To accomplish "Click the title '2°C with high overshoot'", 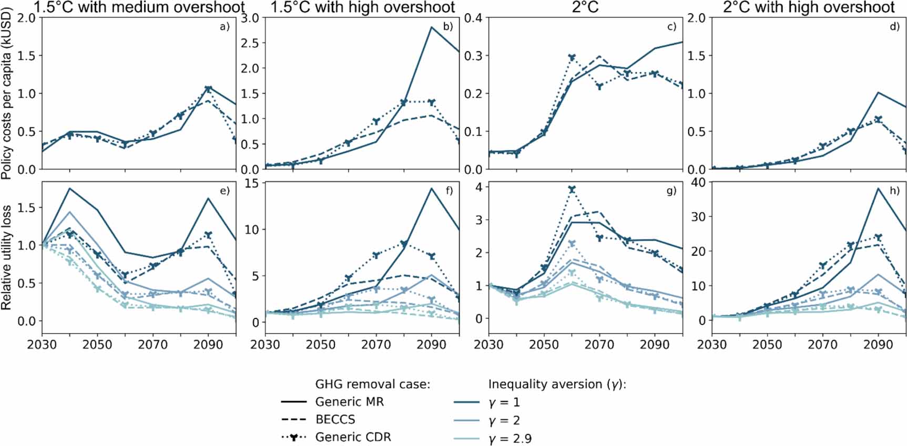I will click(809, 7).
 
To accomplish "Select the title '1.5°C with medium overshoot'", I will click(139, 7).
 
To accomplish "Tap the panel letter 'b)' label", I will click(448, 26).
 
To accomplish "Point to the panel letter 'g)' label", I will click(671, 191).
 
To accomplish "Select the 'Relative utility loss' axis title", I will click(6, 257).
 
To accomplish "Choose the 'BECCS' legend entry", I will click(335, 420).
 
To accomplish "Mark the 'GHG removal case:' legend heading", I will click(372, 384).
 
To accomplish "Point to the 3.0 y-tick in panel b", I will click(250, 18).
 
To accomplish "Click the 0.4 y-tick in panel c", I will click(473, 18).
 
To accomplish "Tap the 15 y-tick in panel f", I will click(251, 183).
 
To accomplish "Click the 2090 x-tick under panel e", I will click(208, 345).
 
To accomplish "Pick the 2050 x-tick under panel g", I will click(544, 345).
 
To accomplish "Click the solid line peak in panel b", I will click(432, 27).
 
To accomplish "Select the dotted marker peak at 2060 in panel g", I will click(572, 189).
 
